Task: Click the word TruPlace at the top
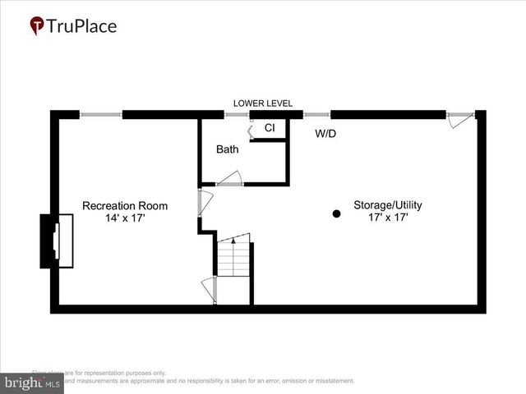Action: pos(82,26)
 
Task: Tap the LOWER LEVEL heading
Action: pos(263,103)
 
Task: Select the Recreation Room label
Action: pos(125,206)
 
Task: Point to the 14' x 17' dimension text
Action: pos(125,219)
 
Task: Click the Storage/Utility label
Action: pos(388,205)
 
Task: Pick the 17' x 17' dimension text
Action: pos(388,218)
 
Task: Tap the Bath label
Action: pos(228,150)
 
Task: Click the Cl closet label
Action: pos(269,129)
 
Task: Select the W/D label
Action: pos(325,133)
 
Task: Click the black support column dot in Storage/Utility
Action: pos(336,214)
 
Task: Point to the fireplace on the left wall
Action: pos(51,241)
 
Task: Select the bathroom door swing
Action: pos(228,178)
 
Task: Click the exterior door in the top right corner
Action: pos(462,120)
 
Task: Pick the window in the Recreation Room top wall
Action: pos(100,114)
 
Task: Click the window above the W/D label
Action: pos(316,114)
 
